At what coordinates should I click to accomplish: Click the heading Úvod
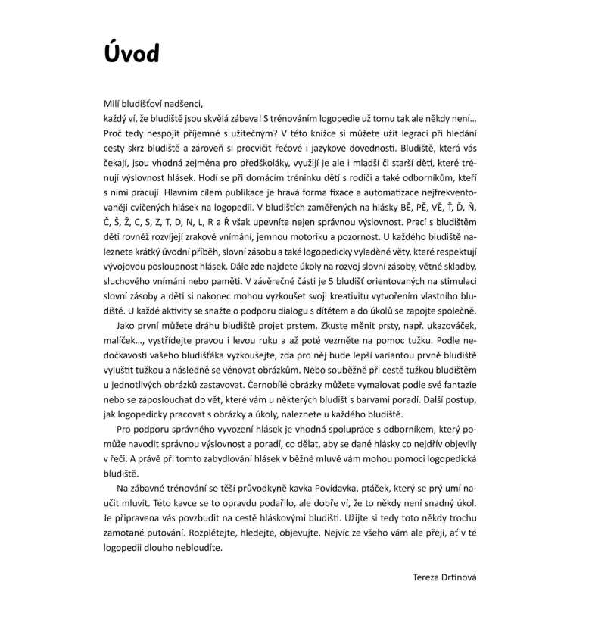coord(133,54)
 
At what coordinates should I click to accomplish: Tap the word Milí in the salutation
coord(114,104)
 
